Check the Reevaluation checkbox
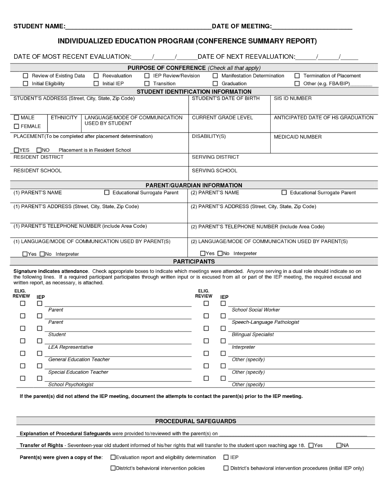96,76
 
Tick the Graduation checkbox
215,84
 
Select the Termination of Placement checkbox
297,76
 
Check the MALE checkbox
17,118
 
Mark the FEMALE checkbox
17,126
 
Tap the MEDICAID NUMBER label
298,137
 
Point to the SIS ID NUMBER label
293,99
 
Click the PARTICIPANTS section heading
194,262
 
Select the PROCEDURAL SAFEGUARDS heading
195,421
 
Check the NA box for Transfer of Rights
339,446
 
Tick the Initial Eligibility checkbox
26,84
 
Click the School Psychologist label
71,384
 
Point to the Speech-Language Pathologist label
265,322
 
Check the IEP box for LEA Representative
40,341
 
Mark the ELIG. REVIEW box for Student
23,328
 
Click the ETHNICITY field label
64,118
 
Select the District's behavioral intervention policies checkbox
113,468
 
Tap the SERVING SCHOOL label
214,171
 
